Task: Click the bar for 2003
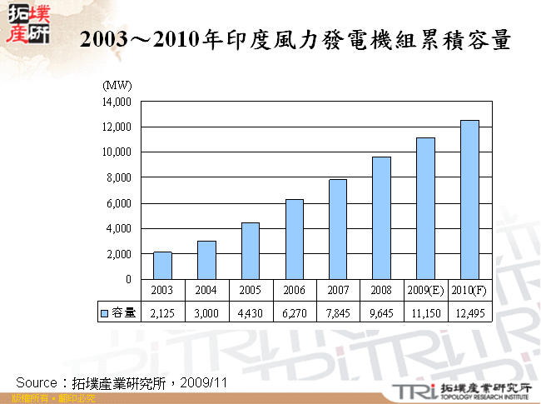point(162,265)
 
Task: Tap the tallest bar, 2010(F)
point(469,200)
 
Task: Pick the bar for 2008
point(381,217)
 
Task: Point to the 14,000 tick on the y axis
point(118,102)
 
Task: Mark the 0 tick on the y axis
point(127,279)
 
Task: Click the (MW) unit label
point(116,86)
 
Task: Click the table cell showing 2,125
point(162,313)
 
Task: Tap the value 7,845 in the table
point(338,313)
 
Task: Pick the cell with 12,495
point(469,313)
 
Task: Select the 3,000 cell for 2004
point(206,313)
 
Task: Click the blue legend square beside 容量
point(105,313)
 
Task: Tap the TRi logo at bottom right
point(410,390)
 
